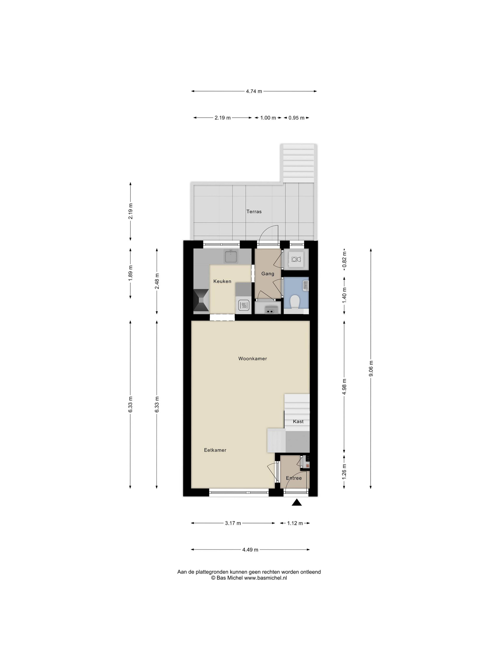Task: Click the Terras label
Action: (254, 211)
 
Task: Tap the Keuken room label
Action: (222, 281)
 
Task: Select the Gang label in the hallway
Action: (268, 274)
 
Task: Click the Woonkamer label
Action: (252, 359)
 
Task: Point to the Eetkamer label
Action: (215, 450)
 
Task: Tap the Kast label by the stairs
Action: (298, 422)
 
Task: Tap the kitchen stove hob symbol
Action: (243, 305)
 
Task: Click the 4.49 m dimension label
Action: (250, 550)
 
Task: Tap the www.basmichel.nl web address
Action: (265, 578)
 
